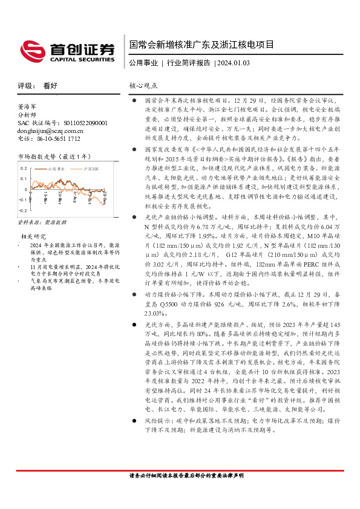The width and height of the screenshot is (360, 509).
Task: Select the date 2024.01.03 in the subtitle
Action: click(234, 63)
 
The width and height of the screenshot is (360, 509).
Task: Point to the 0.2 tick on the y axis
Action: click(24, 168)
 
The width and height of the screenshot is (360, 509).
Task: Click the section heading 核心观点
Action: click(143, 86)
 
